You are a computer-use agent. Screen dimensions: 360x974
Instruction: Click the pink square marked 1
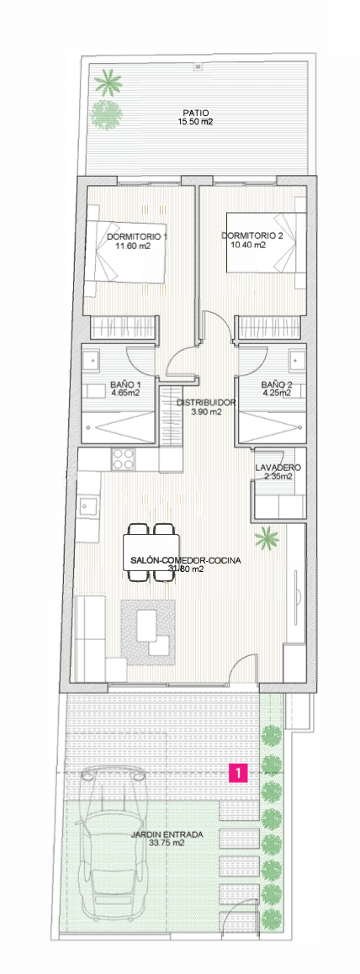point(239,772)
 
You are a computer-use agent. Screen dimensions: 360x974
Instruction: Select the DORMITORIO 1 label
point(137,237)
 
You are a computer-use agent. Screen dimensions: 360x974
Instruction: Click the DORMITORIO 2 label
point(252,236)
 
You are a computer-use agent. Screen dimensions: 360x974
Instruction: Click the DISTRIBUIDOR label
point(206,403)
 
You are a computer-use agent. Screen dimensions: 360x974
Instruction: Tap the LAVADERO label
point(278,468)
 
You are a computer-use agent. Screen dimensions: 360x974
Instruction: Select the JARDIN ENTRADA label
point(167,835)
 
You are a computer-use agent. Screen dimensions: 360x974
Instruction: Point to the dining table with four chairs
point(152,553)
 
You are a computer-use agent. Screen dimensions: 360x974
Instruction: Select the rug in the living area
point(148,631)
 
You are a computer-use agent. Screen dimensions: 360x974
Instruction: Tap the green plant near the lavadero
point(267,538)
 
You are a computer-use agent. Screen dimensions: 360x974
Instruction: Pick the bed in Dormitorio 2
point(267,242)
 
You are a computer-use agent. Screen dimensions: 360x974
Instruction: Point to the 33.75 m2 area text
point(167,844)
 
